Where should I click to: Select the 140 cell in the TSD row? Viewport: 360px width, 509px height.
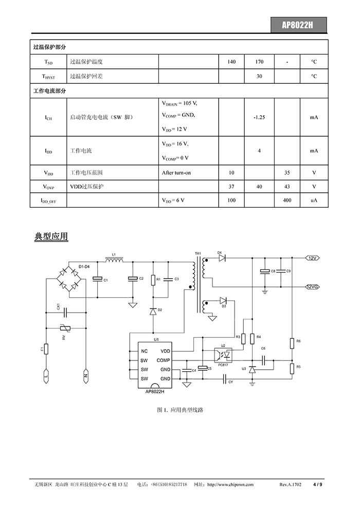(231, 62)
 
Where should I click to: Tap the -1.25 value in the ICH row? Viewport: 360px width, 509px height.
(259, 117)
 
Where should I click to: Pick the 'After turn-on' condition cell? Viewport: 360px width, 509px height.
(189, 173)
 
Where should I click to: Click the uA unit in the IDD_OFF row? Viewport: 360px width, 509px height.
(314, 201)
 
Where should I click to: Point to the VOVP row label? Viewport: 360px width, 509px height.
(49, 187)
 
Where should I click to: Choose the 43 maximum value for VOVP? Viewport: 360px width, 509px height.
(287, 187)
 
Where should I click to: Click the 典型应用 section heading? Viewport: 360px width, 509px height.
(51, 237)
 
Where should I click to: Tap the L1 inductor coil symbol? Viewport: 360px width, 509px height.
(114, 260)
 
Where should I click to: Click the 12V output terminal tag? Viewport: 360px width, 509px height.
(312, 258)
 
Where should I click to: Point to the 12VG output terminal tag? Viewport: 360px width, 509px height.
(312, 287)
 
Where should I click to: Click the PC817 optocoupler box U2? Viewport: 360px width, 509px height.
(223, 355)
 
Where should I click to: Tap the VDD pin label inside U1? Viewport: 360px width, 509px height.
(165, 351)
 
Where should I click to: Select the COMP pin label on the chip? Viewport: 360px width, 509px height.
(163, 360)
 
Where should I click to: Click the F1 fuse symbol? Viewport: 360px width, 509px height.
(46, 349)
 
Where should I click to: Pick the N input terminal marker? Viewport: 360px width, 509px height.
(86, 376)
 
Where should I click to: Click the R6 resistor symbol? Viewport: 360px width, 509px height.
(292, 343)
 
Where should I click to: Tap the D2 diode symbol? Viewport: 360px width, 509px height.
(153, 311)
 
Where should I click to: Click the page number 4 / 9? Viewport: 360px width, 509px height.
(317, 485)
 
